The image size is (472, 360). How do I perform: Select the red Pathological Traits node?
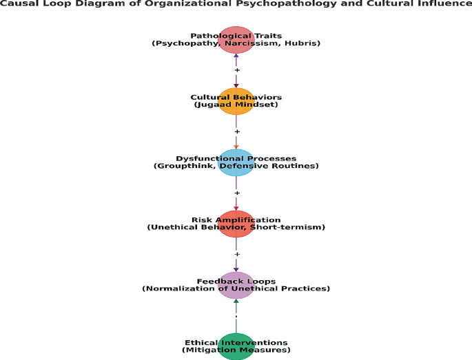[236, 40]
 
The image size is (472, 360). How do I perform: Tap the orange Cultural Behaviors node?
[236, 101]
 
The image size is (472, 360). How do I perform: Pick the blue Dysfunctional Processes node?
[236, 162]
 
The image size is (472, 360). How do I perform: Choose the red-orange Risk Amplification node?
[236, 224]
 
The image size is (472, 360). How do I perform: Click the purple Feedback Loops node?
[236, 285]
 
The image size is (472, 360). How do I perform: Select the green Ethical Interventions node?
[236, 346]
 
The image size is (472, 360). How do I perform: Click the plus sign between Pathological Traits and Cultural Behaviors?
[237, 70]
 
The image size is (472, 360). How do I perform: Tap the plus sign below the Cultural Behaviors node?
[237, 131]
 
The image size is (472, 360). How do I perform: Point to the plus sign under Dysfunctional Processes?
[237, 193]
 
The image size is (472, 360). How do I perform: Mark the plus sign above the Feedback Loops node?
[237, 255]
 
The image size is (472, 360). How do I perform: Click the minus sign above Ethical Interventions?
[236, 317]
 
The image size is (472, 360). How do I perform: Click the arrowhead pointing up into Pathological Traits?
[236, 56]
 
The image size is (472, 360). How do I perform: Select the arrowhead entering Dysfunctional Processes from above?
[236, 147]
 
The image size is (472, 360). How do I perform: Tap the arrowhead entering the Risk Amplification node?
[236, 208]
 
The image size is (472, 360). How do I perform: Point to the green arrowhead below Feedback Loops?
[236, 301]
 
